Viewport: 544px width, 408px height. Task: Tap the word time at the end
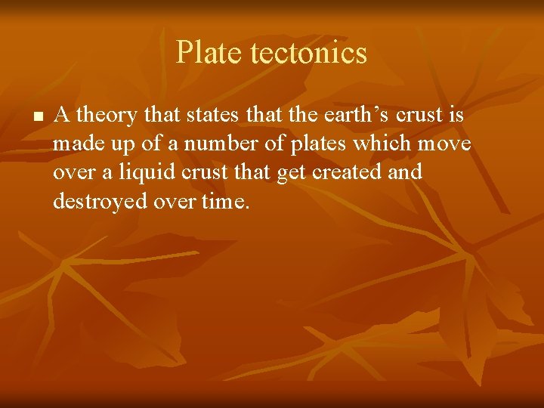coord(225,201)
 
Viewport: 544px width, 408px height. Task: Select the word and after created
coord(406,172)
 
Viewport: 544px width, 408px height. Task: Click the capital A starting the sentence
coord(62,115)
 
